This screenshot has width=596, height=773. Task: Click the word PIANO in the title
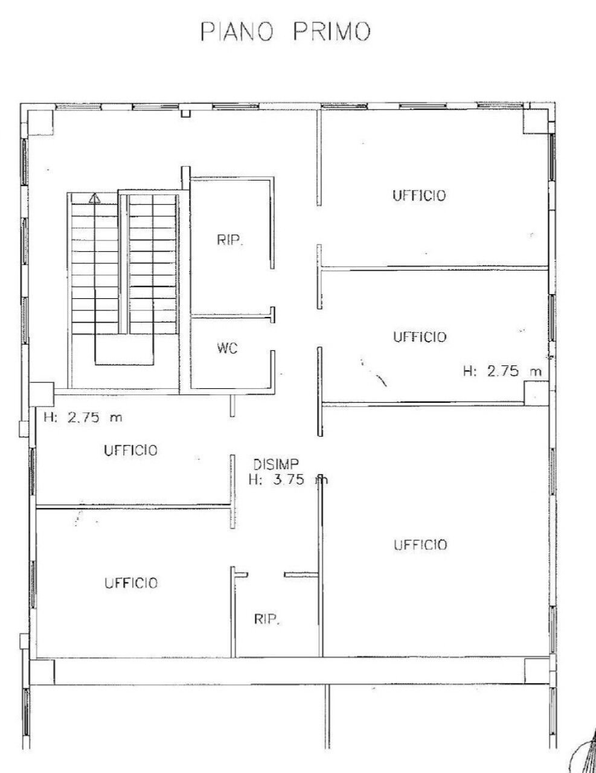[239, 33]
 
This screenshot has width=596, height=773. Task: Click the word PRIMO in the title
[331, 33]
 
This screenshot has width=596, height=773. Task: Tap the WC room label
[226, 348]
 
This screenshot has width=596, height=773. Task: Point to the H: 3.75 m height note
[288, 480]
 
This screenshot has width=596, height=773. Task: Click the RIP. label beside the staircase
[229, 240]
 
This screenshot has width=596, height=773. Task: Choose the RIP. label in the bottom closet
[266, 620]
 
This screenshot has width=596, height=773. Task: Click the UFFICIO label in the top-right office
[419, 196]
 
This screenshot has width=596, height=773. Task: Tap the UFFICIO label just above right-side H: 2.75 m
[420, 336]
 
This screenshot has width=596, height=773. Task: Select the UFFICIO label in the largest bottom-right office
[420, 545]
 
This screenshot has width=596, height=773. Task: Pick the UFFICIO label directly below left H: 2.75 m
[130, 451]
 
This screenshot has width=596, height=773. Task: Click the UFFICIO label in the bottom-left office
[130, 583]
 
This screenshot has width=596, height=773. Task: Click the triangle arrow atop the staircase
[94, 197]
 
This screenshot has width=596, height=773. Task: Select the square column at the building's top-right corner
[535, 121]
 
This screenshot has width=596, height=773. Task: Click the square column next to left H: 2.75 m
[42, 393]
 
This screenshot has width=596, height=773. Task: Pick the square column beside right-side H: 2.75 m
[535, 393]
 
